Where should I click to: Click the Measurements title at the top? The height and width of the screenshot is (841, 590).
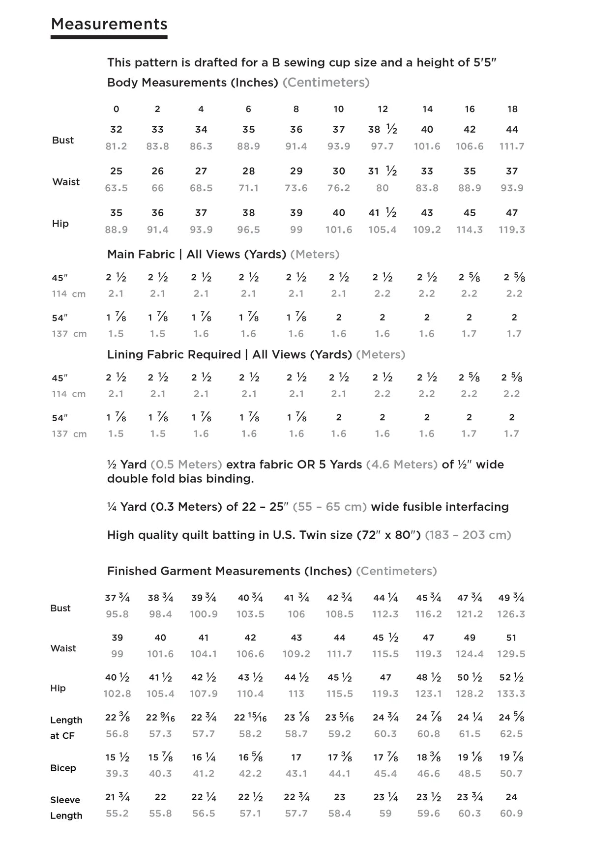[109, 24]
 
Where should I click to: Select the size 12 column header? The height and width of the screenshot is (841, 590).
[383, 109]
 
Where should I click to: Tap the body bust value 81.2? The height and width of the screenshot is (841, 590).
[116, 146]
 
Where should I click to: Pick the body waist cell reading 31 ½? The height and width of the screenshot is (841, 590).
[383, 171]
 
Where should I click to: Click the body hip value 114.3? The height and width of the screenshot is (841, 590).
[470, 230]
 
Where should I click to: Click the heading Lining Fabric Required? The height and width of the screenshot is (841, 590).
[174, 354]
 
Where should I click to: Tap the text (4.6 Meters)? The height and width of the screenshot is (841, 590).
[402, 464]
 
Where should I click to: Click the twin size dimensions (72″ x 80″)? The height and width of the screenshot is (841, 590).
[388, 535]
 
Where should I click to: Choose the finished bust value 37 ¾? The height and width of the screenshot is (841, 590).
[117, 598]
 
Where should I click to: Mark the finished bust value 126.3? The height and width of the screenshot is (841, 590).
[511, 614]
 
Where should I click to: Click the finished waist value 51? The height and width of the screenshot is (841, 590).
[511, 638]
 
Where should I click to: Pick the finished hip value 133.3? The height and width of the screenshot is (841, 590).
[511, 694]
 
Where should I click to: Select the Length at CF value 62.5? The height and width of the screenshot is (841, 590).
[511, 734]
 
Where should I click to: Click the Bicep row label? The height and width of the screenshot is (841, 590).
[63, 768]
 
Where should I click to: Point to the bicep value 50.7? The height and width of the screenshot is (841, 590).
[511, 774]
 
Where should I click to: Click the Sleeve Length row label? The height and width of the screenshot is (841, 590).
[66, 808]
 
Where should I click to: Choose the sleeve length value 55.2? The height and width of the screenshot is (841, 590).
[117, 813]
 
